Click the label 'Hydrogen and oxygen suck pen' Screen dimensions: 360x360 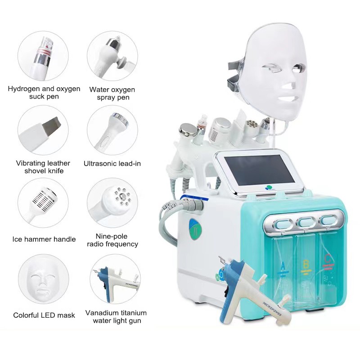coord(44,92)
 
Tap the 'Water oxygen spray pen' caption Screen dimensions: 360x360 coord(112,93)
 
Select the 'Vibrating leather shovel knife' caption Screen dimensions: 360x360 coord(43,167)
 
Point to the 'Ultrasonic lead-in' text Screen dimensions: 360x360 coord(112,164)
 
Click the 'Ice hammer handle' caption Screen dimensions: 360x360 coord(44,239)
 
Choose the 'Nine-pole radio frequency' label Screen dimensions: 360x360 coord(112,240)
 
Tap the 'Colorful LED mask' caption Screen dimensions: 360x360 coord(44,315)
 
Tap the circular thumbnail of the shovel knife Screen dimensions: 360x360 coord(43,130)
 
